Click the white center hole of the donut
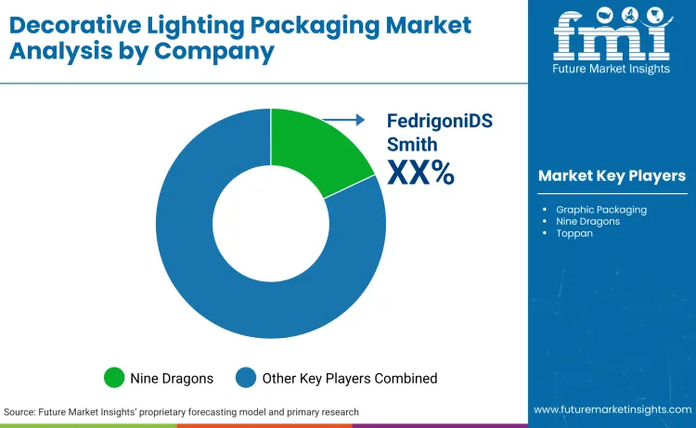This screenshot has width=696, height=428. tap(271, 223)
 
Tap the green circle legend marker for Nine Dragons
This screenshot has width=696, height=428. tap(114, 378)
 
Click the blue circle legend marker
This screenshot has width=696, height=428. tap(246, 378)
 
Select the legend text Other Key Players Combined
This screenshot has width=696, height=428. tap(351, 378)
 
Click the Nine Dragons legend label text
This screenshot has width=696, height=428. tap(173, 378)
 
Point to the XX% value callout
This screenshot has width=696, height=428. tap(419, 172)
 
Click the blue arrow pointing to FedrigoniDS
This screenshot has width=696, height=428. tap(348, 119)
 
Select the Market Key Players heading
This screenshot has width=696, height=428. tap(612, 175)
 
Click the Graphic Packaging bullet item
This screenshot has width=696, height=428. tap(601, 209)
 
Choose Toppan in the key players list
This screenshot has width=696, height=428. tap(575, 233)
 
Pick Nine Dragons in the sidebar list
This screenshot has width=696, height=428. tap(588, 221)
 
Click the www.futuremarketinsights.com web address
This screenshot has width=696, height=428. tap(612, 409)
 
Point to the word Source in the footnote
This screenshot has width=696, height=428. tap(20, 411)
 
